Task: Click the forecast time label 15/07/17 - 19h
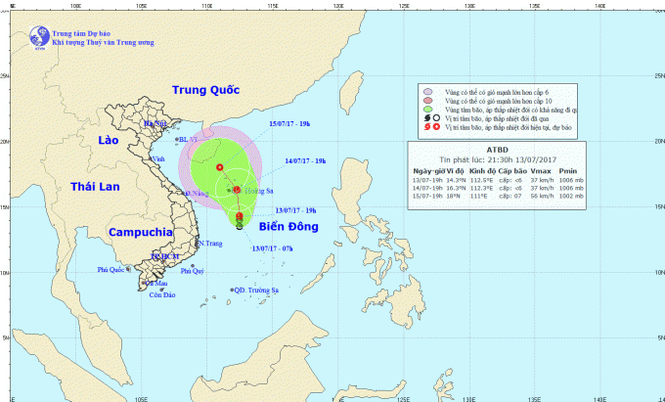290,123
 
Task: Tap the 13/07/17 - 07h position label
273,248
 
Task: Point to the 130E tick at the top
469,5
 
